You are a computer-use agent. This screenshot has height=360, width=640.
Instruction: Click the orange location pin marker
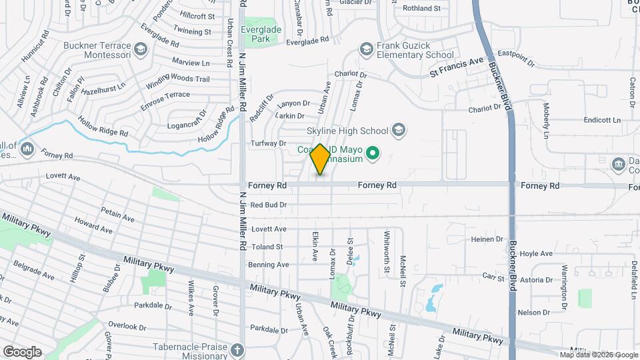pos(320,159)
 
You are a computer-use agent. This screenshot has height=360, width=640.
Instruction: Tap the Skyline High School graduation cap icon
pos(399,129)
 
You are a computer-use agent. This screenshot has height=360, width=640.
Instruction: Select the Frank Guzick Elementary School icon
pos(365,49)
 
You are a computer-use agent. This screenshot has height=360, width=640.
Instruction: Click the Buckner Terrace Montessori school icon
pos(140,49)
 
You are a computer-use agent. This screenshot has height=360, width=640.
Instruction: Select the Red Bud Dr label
pos(269,205)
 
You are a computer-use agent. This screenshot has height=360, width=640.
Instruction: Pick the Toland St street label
pos(267,247)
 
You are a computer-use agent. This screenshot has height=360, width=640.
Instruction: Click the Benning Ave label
pos(269,265)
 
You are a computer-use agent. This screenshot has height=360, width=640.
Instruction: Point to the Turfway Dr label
pos(268,143)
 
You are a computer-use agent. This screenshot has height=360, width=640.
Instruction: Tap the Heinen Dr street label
pos(487,239)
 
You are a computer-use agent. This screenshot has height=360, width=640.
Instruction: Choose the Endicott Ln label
pos(601,121)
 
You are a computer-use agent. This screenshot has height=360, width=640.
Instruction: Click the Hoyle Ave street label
pos(537,253)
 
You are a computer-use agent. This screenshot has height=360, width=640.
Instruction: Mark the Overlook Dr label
pos(127,327)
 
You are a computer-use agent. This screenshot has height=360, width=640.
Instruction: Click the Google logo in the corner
pos(22,351)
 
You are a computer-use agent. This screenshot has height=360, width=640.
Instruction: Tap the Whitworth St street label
pos(386,246)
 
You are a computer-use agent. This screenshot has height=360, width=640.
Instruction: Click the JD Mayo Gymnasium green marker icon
pos(374,155)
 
